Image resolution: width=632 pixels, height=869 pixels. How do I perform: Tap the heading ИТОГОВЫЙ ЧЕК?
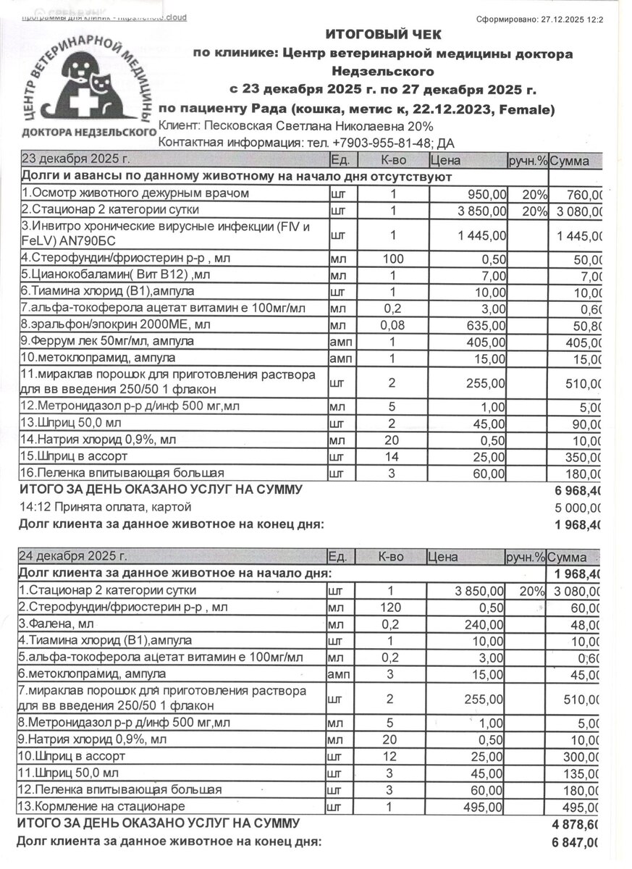[x=383, y=35]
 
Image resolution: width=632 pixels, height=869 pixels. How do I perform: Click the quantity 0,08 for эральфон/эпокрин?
[x=393, y=325]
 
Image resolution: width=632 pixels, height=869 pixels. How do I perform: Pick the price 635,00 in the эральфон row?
[x=488, y=325]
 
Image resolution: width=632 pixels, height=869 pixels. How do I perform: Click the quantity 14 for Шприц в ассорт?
[x=393, y=458]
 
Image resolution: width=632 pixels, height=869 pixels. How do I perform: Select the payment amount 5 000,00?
[x=580, y=506]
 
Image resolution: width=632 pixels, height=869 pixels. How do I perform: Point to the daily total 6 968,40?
[x=580, y=490]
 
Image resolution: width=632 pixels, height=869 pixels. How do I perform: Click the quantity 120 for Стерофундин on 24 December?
[x=393, y=608]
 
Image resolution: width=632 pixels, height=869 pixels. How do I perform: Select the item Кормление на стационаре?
[x=101, y=807]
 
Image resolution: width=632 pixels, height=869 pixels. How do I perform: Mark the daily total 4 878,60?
[x=576, y=825]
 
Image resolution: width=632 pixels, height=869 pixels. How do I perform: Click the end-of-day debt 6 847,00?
[x=576, y=842]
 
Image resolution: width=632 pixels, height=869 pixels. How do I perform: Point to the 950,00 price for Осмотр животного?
[x=488, y=194]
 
